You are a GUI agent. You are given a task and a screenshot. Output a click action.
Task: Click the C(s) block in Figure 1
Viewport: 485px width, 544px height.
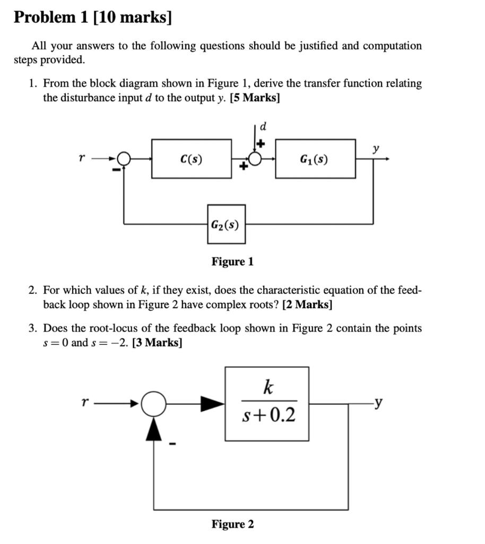coord(191,159)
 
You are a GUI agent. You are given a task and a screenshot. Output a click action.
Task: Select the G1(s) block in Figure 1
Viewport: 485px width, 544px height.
coord(315,159)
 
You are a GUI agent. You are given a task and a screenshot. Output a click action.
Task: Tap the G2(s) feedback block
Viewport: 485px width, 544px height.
coord(226,224)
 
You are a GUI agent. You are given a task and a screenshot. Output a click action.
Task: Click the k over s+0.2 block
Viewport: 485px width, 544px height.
coord(267,404)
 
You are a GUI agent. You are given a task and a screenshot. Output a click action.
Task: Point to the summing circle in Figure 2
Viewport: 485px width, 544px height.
coord(154,404)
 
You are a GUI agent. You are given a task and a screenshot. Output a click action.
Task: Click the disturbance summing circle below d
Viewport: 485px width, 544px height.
coord(256,159)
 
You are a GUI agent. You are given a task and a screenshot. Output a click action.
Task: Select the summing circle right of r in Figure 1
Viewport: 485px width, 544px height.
coord(124,158)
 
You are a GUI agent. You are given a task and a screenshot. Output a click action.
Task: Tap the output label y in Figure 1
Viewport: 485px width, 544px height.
coord(376,150)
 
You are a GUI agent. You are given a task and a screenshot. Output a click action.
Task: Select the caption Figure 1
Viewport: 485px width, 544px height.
coord(232,261)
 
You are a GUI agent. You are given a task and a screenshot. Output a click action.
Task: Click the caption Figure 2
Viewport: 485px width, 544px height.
coord(232,524)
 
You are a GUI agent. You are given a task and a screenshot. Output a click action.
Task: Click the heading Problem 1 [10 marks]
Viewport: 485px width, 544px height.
coord(93,18)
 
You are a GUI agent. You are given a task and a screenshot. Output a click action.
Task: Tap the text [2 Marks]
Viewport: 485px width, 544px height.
coord(307,305)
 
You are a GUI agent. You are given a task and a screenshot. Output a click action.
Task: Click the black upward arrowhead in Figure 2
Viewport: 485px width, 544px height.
coord(154,428)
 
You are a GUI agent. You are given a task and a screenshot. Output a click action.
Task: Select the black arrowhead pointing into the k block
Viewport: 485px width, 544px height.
coord(211,404)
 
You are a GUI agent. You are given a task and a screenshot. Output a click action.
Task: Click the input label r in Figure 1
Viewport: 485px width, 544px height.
coord(81,158)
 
